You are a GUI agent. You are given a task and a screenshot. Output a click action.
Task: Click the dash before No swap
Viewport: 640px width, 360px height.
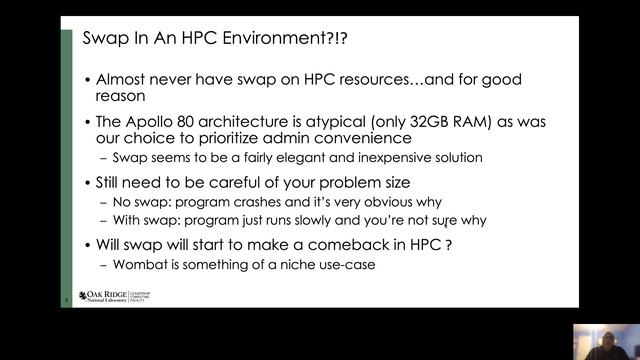pyautogui.click(x=105, y=202)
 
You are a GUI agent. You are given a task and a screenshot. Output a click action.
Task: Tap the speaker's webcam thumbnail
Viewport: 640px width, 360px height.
pyautogui.click(x=606, y=341)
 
